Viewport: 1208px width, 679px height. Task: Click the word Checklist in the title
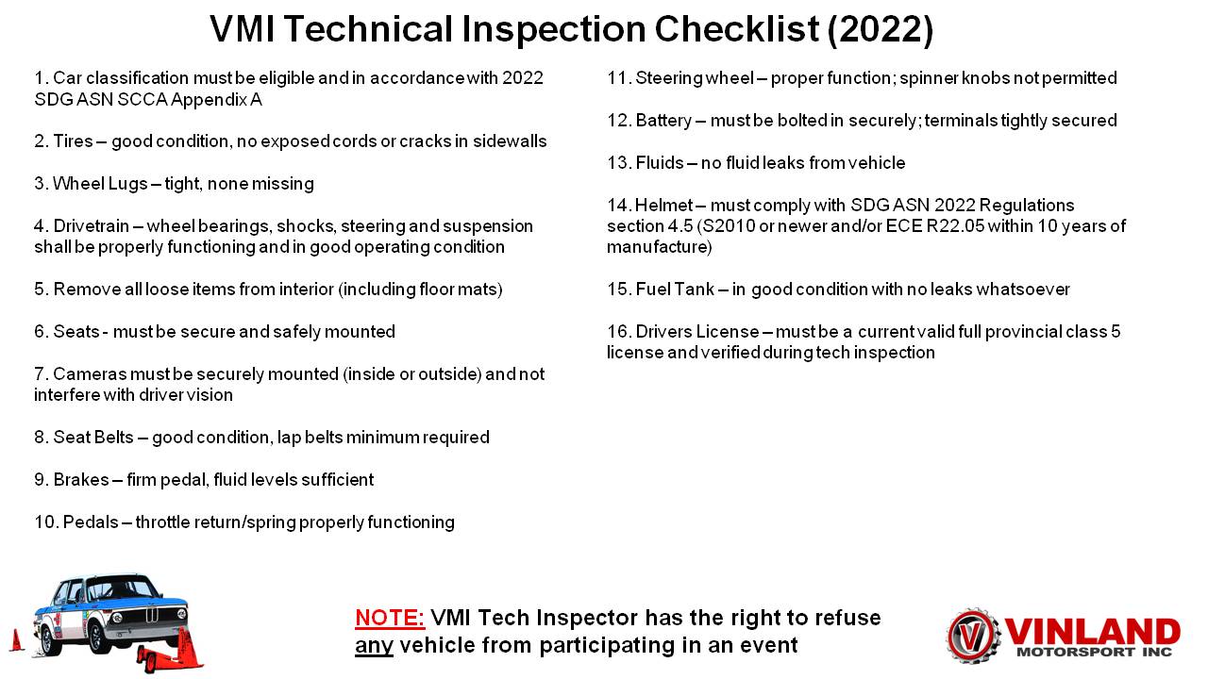737,28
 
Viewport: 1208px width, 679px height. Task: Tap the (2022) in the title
881,29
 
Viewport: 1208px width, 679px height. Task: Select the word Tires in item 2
73,141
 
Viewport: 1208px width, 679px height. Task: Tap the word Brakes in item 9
81,480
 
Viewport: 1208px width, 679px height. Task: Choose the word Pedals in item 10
91,522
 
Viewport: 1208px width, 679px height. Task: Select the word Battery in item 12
663,121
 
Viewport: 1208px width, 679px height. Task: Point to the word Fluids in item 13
660,163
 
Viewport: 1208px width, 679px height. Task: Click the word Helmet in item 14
663,206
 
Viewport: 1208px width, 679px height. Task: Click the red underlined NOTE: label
390,618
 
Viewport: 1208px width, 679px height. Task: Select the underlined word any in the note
374,646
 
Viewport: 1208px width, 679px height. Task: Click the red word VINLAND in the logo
1093,632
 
